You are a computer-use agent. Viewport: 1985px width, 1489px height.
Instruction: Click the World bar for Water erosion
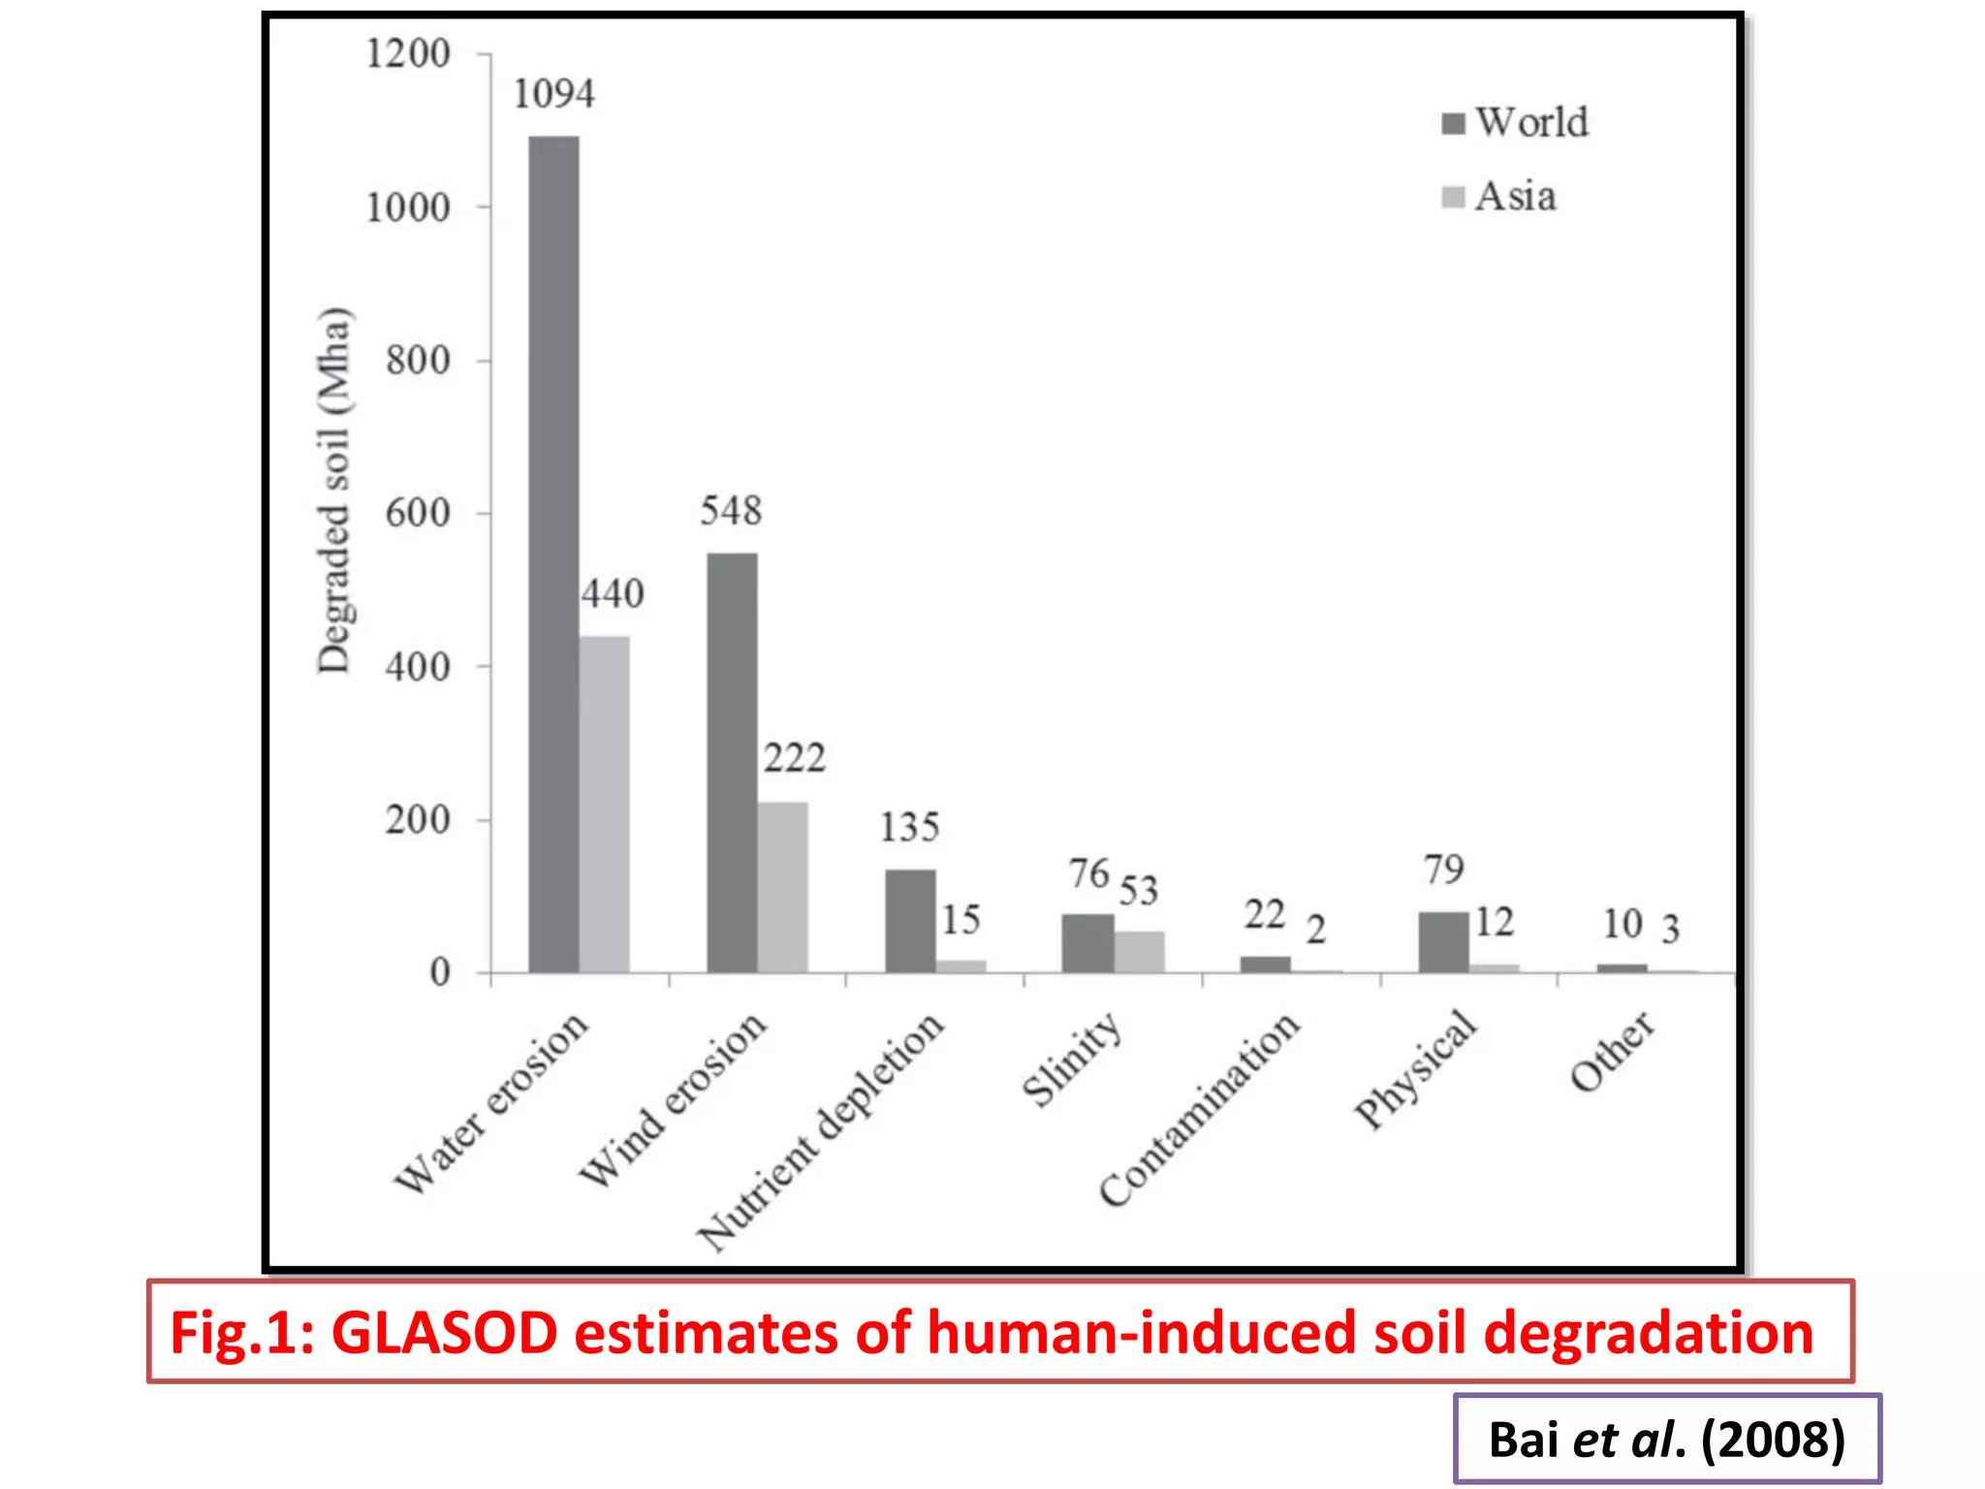tap(553, 554)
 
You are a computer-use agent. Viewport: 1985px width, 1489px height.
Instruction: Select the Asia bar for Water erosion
tap(605, 804)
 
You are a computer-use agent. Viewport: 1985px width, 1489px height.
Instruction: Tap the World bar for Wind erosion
tap(732, 762)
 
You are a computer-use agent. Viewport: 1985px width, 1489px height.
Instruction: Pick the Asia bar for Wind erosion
tap(782, 887)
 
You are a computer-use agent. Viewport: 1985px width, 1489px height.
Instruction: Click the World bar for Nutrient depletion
tap(910, 920)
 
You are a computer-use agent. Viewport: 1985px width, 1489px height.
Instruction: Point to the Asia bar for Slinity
tap(1139, 951)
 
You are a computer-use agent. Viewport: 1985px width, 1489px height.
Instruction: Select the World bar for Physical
tap(1443, 941)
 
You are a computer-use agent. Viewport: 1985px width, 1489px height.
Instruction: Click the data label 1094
tap(553, 95)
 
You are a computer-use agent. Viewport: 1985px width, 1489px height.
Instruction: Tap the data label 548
tap(731, 511)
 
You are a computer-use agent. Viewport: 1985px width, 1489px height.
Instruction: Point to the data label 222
tap(794, 758)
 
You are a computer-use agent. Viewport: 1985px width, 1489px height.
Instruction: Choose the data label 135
tap(909, 828)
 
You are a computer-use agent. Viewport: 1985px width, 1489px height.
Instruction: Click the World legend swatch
tap(1453, 124)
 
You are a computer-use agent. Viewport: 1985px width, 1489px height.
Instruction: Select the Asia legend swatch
tap(1453, 197)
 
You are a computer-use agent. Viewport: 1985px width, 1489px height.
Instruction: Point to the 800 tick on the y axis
tap(418, 361)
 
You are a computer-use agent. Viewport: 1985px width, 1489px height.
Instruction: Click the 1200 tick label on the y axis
tap(408, 53)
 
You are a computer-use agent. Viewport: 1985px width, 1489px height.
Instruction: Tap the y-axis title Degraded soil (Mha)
tap(334, 490)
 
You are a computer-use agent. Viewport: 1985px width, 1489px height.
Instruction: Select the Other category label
tap(1612, 1051)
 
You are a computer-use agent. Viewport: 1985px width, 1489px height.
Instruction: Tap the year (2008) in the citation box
tap(1773, 1440)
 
